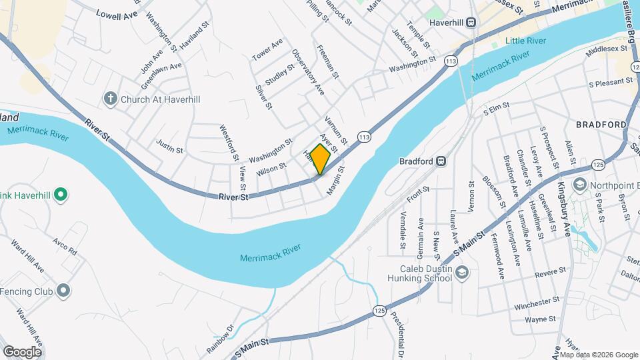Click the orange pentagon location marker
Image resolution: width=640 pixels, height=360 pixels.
[x=320, y=159]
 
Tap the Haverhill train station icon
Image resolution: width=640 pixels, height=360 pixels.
[x=471, y=22]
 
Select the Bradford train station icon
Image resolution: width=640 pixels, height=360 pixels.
[x=441, y=161]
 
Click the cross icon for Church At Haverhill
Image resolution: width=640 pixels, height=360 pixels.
[x=110, y=99]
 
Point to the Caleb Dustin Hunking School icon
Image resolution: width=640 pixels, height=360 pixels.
[x=463, y=272]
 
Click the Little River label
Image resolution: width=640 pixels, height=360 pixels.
[x=525, y=41]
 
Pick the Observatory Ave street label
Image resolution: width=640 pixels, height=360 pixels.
[x=307, y=71]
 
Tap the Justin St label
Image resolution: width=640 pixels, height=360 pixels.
[x=169, y=145]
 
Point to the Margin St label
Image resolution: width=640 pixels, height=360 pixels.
[x=335, y=181]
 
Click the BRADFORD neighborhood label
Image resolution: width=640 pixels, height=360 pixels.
[x=601, y=125]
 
